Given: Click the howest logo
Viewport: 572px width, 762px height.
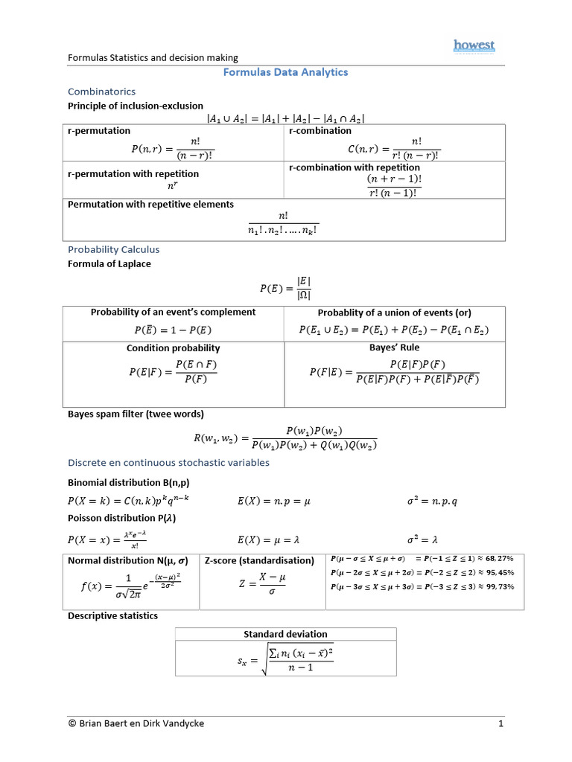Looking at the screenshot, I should pos(474,47).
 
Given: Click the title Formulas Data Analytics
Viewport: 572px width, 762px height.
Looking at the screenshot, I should pos(286,72).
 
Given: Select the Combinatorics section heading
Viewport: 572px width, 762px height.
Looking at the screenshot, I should pos(101,91).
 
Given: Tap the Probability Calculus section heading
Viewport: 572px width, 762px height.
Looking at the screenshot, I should pos(113,249).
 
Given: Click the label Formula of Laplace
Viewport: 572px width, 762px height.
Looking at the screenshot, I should pos(109,264).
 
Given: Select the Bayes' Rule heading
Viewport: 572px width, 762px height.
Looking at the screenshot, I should pos(394,348).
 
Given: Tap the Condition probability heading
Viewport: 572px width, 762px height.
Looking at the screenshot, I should pos(173,348).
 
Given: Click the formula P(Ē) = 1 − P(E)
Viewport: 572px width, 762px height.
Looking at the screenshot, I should pos(173,330).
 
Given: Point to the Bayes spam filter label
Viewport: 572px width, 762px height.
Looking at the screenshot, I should pos(136,414).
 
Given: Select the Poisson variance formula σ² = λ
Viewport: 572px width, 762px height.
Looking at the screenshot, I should pos(424,539).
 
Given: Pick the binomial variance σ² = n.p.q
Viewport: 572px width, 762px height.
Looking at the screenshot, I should pos(432,501).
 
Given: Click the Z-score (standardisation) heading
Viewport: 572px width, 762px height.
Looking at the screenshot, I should pos(259,560).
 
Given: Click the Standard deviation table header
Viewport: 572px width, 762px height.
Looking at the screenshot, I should pos(285,634).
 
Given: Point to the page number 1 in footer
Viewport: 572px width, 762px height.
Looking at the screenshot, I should pos(501,723).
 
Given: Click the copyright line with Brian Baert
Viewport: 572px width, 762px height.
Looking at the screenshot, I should pos(136,723).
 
